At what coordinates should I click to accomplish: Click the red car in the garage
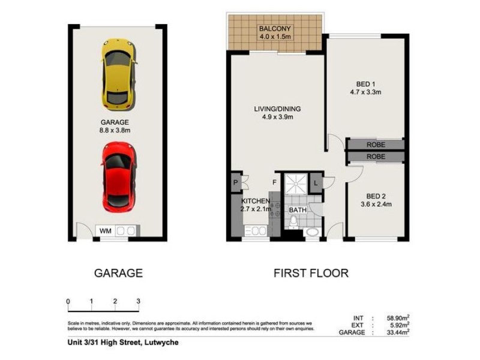click(118, 176)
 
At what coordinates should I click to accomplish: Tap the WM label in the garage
click(104, 230)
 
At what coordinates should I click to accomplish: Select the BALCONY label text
click(274, 29)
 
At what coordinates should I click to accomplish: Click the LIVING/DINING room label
click(277, 109)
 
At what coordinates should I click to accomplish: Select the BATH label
click(298, 210)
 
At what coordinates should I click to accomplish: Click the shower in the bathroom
click(295, 183)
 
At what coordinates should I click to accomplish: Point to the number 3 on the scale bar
click(138, 301)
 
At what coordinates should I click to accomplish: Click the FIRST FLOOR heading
click(311, 273)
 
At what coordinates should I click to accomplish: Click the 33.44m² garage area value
click(397, 332)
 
